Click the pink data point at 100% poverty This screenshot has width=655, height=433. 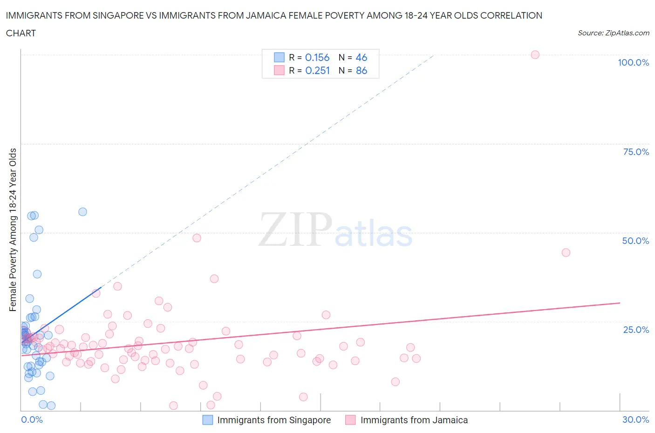535,54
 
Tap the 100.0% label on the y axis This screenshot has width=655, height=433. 633,62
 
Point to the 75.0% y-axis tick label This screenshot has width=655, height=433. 636,152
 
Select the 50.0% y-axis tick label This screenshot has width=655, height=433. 635,241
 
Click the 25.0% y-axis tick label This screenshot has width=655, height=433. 636,330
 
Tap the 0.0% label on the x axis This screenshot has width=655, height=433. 32,419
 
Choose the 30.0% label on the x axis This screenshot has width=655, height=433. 635,419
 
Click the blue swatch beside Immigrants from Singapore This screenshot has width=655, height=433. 208,420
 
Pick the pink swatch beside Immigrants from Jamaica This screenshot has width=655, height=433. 350,420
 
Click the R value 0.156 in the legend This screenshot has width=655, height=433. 317,57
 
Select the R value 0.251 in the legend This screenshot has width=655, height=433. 317,70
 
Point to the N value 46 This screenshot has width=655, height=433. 361,57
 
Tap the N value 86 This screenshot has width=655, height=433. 361,70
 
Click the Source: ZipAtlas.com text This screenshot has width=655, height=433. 613,33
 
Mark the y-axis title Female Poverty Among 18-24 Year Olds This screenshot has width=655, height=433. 13,230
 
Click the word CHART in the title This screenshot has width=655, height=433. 21,33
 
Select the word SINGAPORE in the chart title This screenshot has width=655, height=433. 117,15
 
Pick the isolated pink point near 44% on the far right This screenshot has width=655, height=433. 566,252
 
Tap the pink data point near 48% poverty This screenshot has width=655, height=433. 197,238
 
